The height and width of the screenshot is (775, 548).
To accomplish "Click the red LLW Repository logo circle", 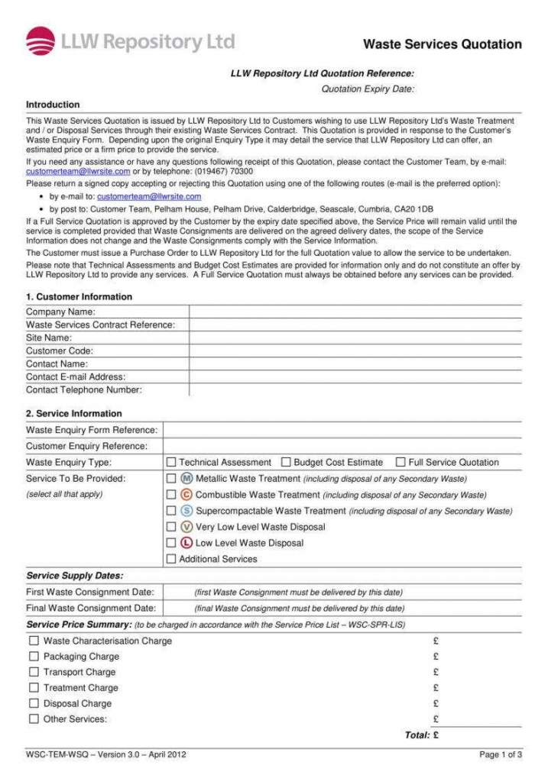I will pos(41,41).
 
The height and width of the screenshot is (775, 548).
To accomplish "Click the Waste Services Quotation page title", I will pos(442,44).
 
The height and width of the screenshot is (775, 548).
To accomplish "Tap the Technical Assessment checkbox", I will pos(171,462).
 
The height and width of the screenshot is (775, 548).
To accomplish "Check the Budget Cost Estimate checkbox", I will pos(286,462).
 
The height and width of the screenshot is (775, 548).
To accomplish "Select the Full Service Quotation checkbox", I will pos(400,462).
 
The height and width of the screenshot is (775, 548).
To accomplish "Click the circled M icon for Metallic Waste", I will pos(187,479).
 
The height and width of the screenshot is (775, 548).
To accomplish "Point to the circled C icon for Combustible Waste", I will pos(187,495).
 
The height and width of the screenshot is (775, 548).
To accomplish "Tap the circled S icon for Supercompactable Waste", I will pos(187,511).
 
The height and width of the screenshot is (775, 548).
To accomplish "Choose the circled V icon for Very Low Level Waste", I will pos(187,527).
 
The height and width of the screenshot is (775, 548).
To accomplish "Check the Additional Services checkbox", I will pos(171,559).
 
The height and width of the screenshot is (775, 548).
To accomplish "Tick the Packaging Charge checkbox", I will pos(34,657).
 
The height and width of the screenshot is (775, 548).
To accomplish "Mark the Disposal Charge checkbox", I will pos(34,703).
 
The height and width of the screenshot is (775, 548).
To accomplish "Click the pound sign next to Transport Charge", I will pos(436,673).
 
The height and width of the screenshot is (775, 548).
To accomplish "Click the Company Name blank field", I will pos(355,312).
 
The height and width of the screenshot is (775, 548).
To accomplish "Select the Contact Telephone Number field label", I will pos(84,390).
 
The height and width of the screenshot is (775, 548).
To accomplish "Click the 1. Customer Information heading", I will pos(79,297).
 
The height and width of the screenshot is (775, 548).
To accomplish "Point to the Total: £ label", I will pos(421,735).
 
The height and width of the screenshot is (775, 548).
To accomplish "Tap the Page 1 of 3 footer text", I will pos(501,755).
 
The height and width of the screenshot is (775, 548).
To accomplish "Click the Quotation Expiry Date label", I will pos(368,89).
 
